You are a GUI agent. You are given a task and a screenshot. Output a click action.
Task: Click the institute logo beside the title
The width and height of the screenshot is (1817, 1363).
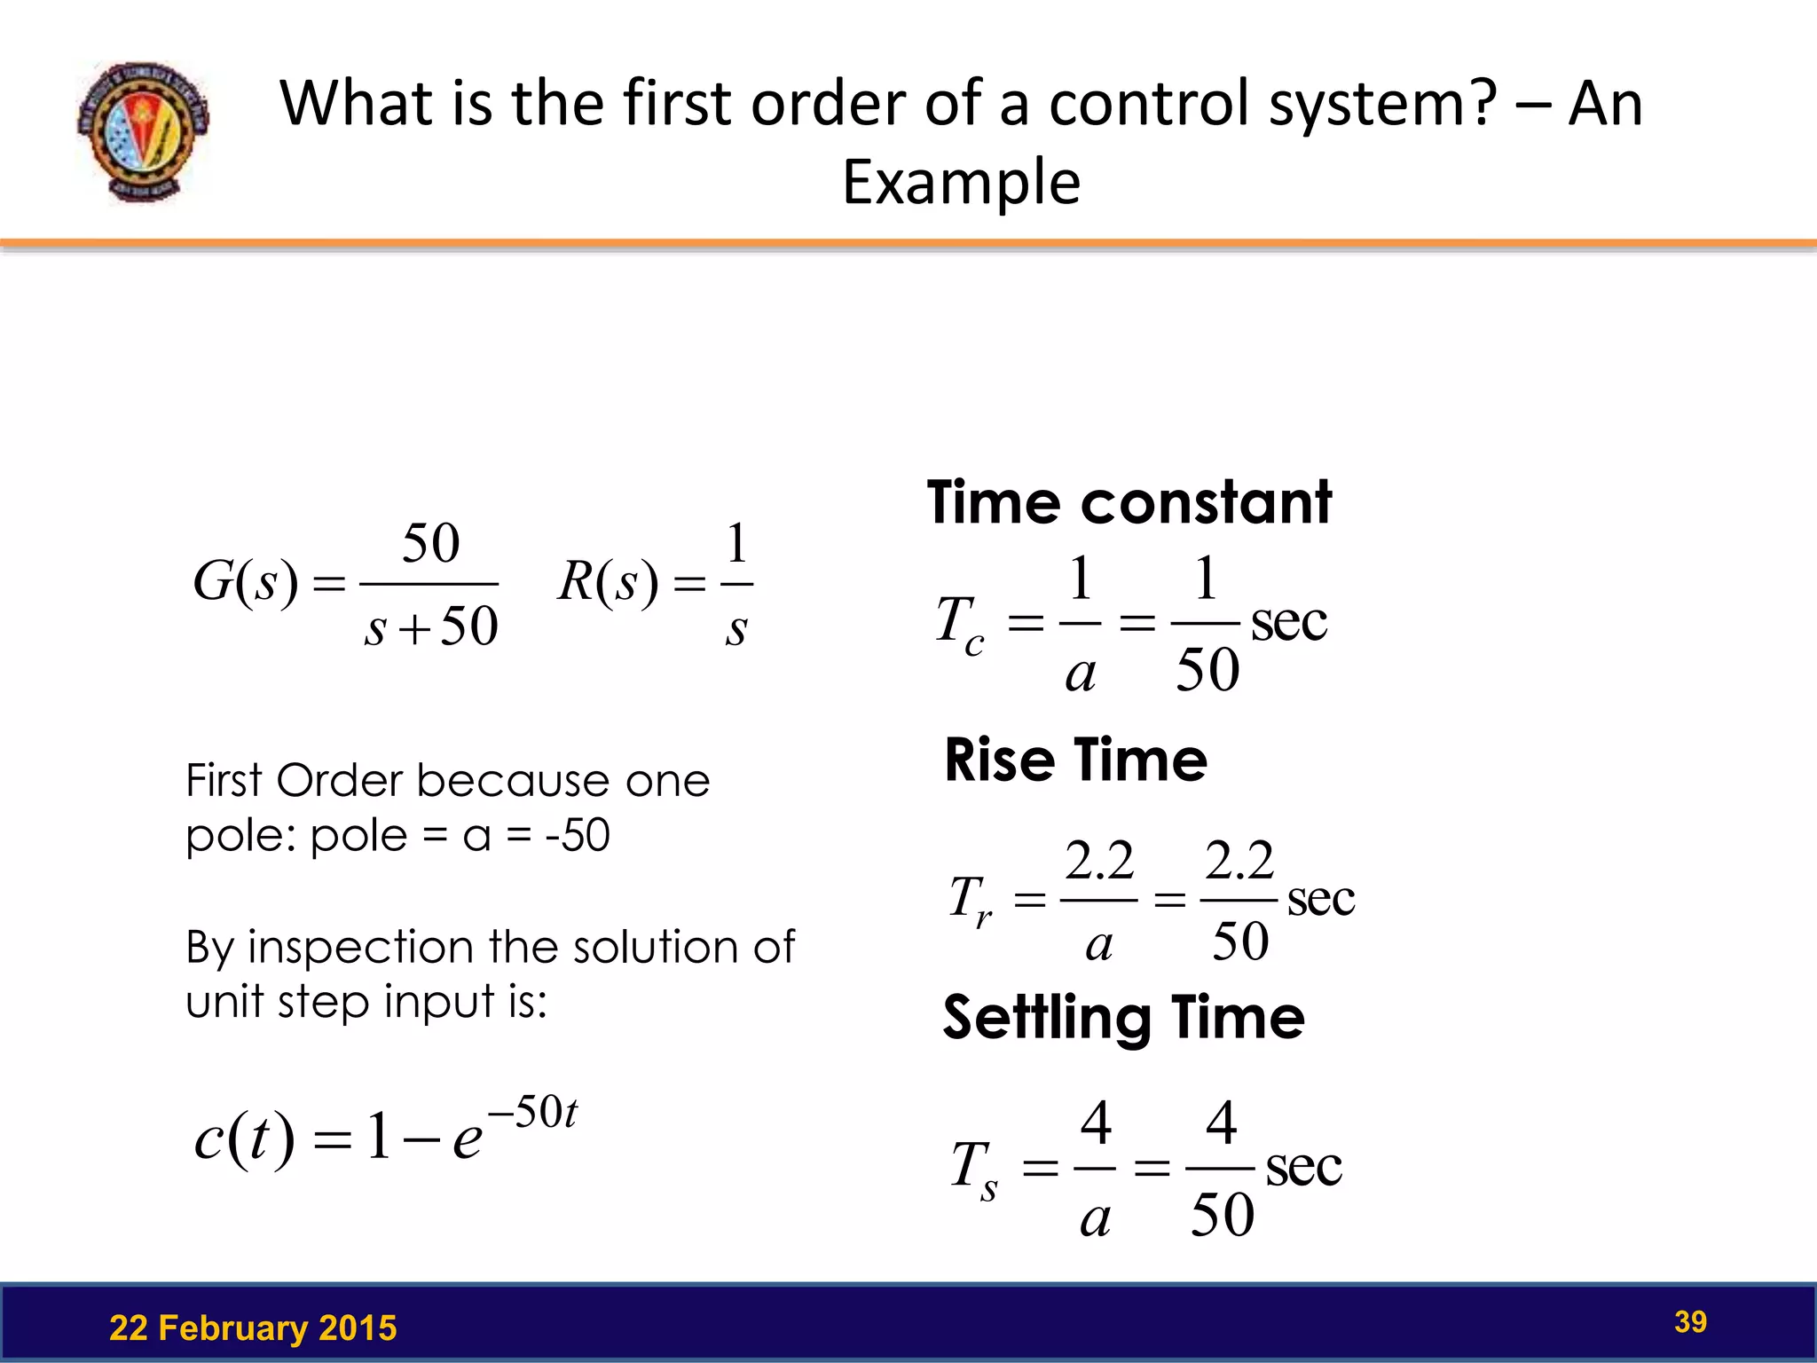(143, 131)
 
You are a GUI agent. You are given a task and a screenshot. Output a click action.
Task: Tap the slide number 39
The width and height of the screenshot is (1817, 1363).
(1690, 1321)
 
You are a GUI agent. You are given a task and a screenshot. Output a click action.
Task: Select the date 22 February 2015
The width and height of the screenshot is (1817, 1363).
(253, 1328)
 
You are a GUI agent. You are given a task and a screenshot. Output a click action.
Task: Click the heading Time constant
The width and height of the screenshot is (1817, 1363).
(1129, 502)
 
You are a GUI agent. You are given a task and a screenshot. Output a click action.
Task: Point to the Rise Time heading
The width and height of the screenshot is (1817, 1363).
(1075, 760)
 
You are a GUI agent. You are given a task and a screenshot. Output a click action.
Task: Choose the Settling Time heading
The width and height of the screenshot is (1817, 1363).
(1123, 1017)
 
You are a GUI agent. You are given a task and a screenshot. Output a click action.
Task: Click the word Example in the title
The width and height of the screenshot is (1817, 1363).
(961, 182)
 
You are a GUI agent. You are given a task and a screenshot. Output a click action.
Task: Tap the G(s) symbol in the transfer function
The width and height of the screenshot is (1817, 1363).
(246, 583)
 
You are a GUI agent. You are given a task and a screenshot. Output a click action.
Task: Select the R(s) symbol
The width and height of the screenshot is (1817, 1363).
(608, 583)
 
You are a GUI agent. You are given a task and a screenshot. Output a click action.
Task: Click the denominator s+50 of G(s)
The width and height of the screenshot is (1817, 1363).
(431, 626)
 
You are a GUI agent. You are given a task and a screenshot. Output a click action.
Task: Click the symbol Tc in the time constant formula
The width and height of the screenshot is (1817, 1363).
(960, 624)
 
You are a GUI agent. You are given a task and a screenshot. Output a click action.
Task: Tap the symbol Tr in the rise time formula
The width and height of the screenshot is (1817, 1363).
(970, 901)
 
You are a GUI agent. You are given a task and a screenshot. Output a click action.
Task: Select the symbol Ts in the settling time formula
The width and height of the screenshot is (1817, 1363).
(974, 1169)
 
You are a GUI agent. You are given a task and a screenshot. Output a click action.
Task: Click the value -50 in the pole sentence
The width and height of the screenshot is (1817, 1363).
(578, 835)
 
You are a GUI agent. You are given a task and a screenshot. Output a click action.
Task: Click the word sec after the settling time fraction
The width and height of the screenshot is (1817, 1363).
(1303, 1167)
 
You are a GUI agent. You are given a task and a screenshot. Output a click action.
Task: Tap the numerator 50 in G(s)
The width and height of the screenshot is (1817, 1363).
(431, 543)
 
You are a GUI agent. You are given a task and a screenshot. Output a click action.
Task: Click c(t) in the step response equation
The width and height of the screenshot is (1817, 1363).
(244, 1138)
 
